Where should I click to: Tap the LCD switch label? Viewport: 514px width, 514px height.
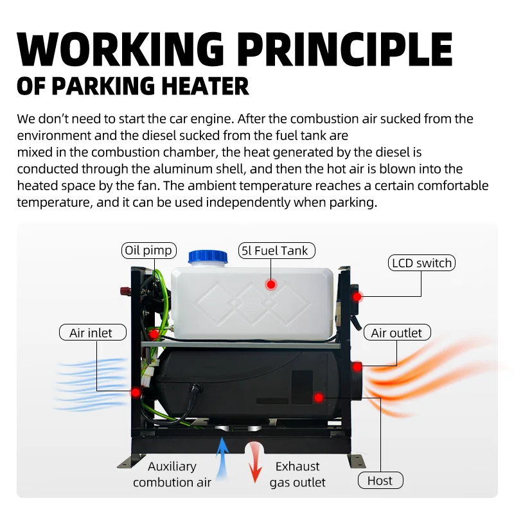(421, 263)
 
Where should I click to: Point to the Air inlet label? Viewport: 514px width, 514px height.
(91, 332)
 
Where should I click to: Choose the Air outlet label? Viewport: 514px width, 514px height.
(396, 332)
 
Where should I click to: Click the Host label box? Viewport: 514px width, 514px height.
(380, 481)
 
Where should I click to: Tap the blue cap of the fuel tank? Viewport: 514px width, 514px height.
(208, 256)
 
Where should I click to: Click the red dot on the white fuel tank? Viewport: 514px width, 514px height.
(271, 284)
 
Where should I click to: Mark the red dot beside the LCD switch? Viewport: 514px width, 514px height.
(358, 297)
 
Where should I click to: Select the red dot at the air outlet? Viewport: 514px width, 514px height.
(357, 366)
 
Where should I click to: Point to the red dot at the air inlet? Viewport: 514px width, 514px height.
(136, 391)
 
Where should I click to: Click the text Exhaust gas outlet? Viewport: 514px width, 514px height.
(297, 474)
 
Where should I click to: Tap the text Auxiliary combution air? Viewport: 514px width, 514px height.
(172, 474)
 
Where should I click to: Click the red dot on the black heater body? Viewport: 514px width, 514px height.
(317, 398)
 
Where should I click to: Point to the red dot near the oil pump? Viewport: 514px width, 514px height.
(154, 334)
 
